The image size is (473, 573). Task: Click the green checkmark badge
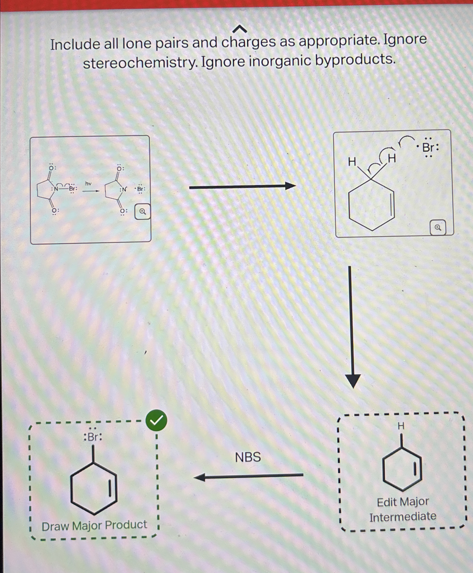pos(156,420)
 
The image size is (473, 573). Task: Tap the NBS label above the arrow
pos(248,457)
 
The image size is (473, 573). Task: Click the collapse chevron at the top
pos(240,29)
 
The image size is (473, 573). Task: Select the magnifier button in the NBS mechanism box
pos(142,211)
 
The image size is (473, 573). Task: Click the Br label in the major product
pos(93,437)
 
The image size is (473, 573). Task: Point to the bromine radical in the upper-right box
pos(429,147)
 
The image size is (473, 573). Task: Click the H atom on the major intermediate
pos(401,426)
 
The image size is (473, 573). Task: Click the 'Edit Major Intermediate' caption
pos(403,509)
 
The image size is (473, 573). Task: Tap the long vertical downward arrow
pos(352,327)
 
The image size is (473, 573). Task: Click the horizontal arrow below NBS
pos(249,476)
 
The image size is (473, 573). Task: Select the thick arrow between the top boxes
pos(242,187)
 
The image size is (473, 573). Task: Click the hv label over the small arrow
pos(88,184)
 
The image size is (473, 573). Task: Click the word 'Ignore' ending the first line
pos(405,39)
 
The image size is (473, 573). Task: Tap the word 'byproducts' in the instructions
pos(355,60)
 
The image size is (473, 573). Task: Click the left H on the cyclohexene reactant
pos(352,162)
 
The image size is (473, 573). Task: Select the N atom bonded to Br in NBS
pos(56,189)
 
